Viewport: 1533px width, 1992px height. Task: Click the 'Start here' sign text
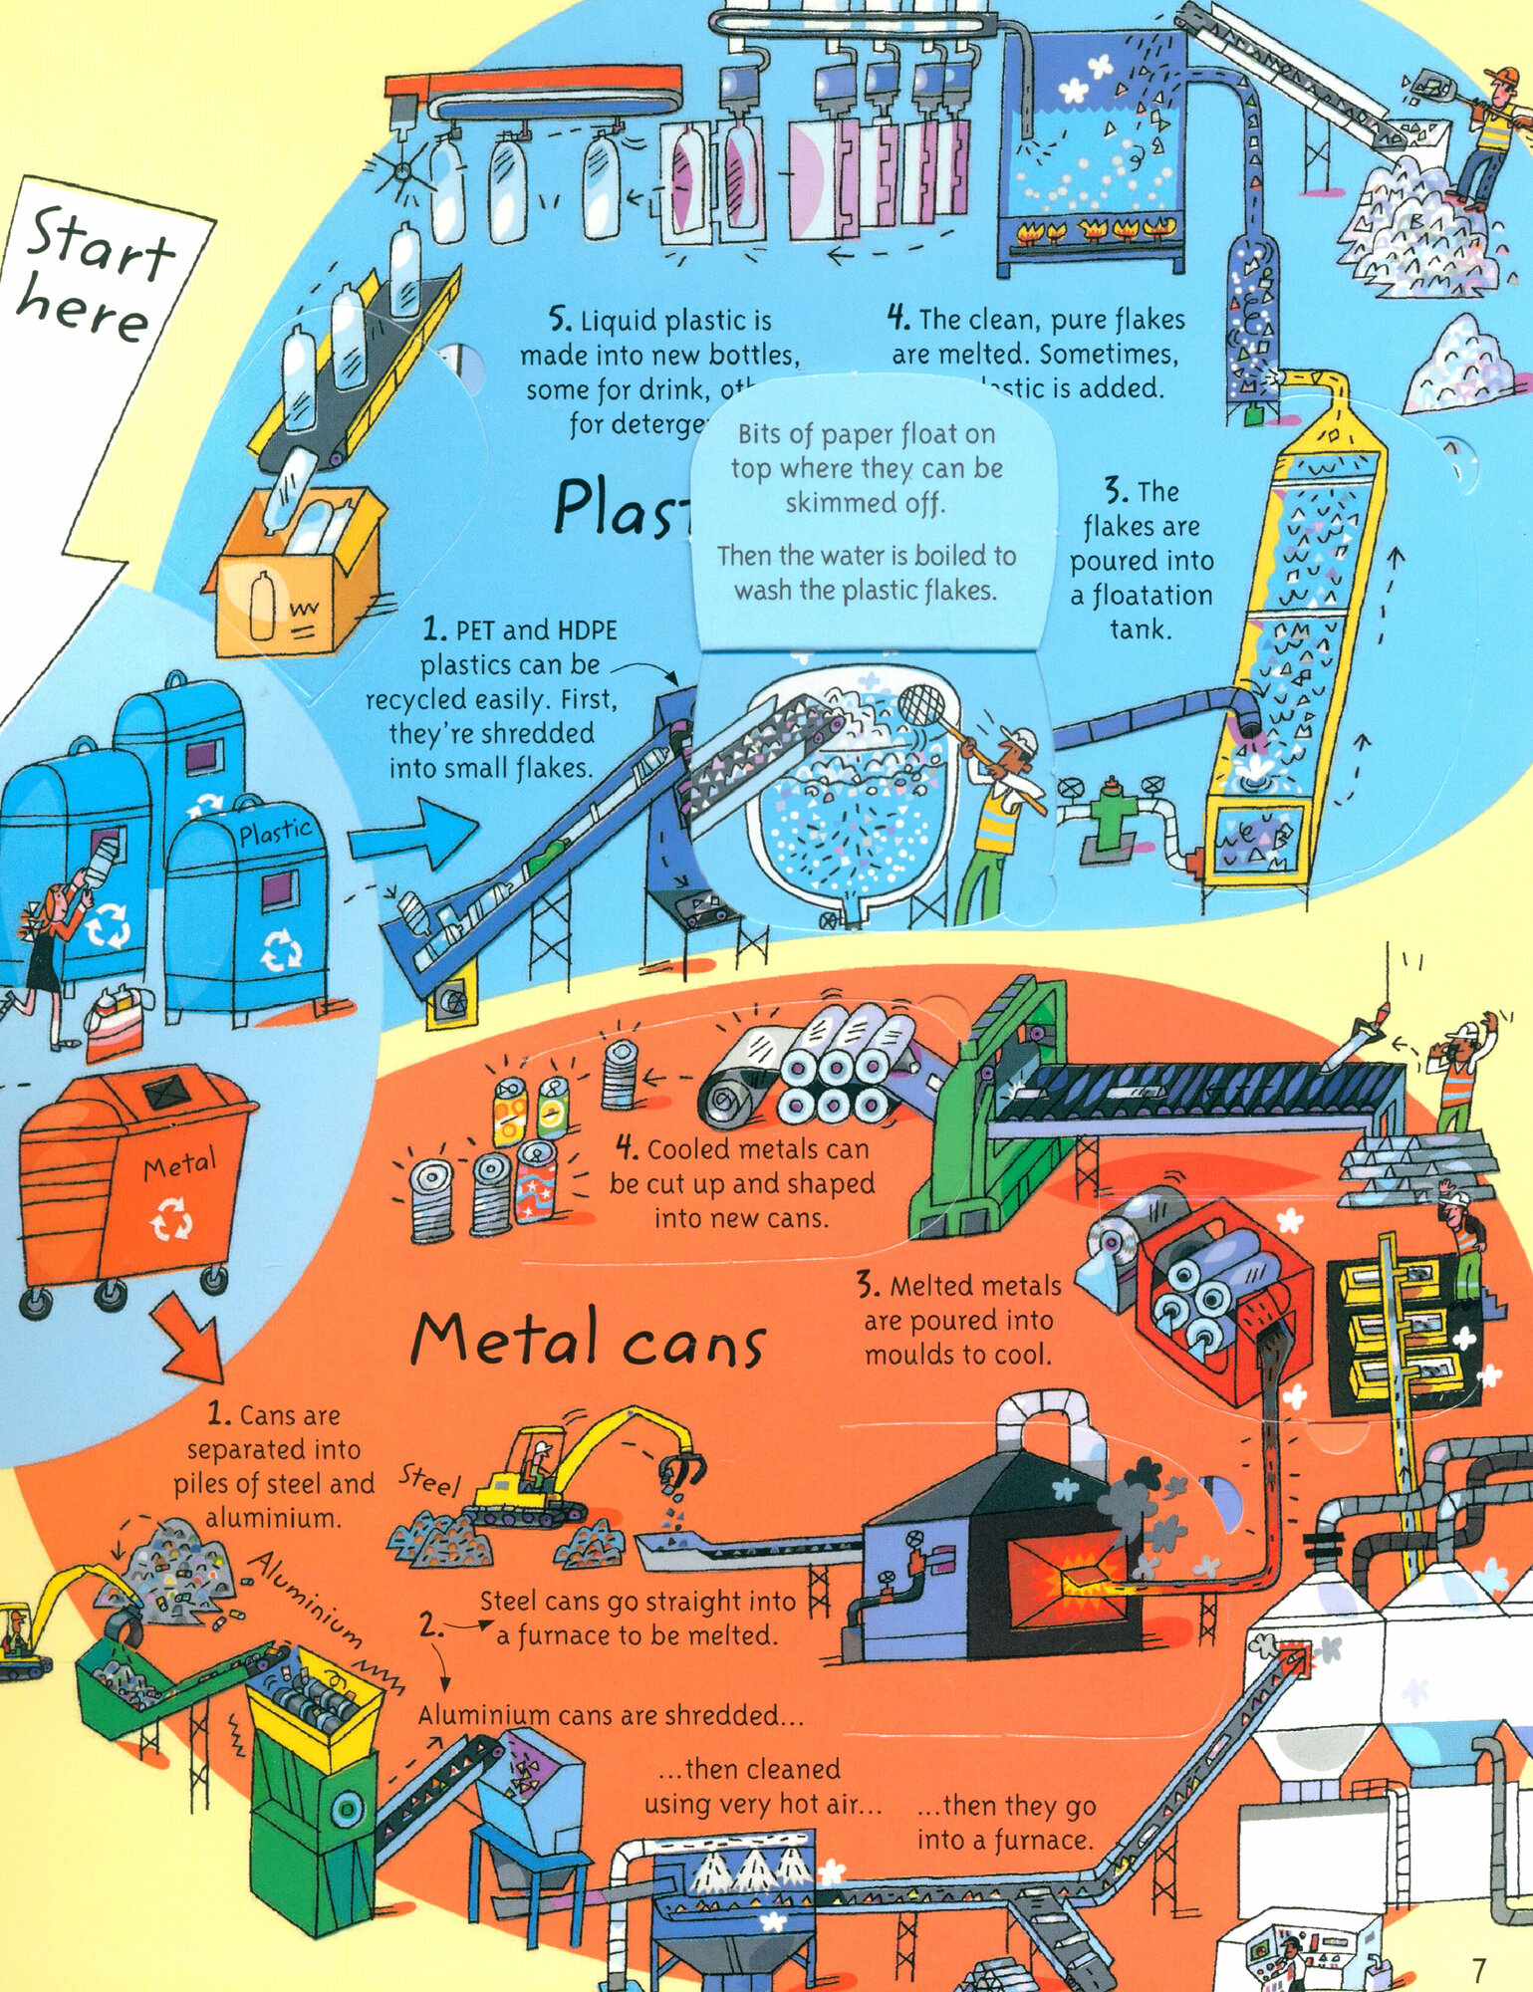pyautogui.click(x=95, y=274)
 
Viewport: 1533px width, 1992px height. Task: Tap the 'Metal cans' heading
pyautogui.click(x=588, y=1340)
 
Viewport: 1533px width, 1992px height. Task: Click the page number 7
pyautogui.click(x=1478, y=1968)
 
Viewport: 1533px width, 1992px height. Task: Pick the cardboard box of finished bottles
pyautogui.click(x=294, y=573)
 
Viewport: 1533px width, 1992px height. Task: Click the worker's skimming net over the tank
pyautogui.click(x=922, y=703)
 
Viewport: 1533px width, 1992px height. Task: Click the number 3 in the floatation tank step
pyautogui.click(x=1115, y=492)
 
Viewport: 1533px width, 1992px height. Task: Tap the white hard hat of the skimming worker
pyautogui.click(x=1020, y=742)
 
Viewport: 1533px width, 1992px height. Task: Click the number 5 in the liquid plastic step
pyautogui.click(x=560, y=320)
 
